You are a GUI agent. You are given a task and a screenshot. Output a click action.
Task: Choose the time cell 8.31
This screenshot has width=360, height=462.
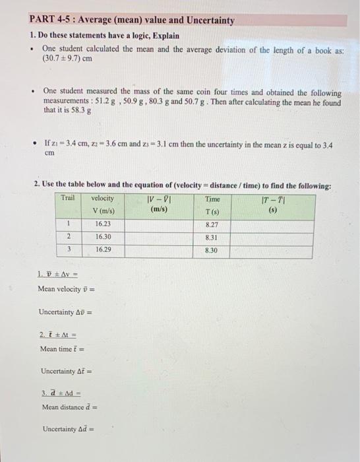(212, 238)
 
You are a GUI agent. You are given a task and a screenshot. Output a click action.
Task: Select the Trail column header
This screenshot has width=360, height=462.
(68, 198)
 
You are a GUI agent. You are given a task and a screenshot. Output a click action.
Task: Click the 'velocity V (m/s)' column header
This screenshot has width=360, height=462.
(104, 204)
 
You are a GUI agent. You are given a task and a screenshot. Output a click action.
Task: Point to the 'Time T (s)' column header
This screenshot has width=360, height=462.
(212, 204)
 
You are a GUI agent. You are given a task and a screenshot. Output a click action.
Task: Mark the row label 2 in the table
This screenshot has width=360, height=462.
(68, 238)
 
